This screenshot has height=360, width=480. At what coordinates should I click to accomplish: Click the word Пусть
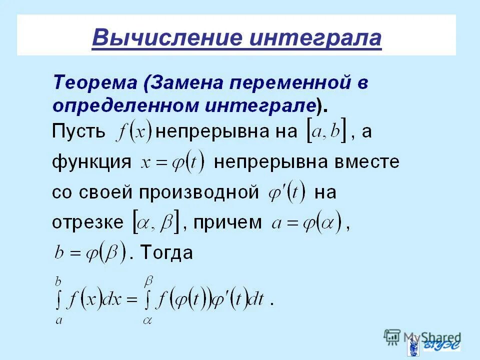(x=79, y=132)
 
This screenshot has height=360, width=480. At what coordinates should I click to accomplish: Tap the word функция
(x=91, y=162)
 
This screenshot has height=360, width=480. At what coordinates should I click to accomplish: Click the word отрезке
(x=87, y=222)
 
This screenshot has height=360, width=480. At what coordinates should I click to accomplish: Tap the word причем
(x=227, y=222)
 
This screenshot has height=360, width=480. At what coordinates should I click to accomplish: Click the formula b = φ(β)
(x=90, y=252)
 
